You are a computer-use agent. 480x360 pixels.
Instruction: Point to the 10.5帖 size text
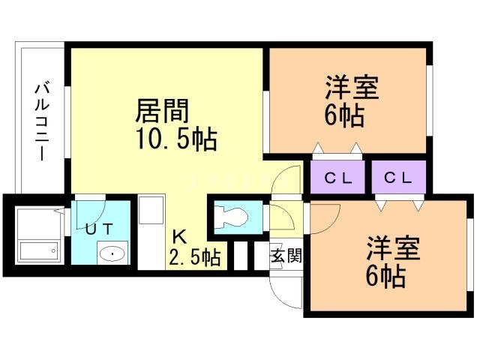(x=176, y=139)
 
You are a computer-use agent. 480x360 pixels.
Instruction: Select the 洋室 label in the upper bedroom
(x=351, y=88)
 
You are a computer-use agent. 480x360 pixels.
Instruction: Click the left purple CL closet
(x=339, y=178)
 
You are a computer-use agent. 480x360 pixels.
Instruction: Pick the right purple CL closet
(x=398, y=178)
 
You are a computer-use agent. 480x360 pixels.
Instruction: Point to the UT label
(x=100, y=229)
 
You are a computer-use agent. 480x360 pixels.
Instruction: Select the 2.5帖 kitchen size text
(x=194, y=259)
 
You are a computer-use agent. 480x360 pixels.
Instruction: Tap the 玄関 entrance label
(x=286, y=256)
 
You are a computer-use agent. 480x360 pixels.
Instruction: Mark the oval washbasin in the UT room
(x=113, y=253)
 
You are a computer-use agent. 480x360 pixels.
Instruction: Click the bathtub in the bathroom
(x=38, y=251)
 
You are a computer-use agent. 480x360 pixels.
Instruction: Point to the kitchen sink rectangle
(x=151, y=218)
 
